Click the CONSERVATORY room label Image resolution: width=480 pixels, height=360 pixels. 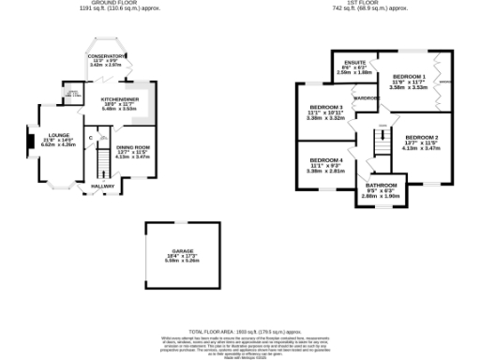coord(107,56)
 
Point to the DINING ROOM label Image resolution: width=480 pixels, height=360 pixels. coord(132,147)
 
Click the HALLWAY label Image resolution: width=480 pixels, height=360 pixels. coord(103,187)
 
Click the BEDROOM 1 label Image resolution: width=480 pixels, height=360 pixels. coord(409,76)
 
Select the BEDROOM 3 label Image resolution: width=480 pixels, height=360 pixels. coord(325,109)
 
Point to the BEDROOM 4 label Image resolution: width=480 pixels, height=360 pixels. coord(325,160)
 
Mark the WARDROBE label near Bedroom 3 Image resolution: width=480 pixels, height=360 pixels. coord(366,97)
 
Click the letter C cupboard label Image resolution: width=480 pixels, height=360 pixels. coord(90,139)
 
